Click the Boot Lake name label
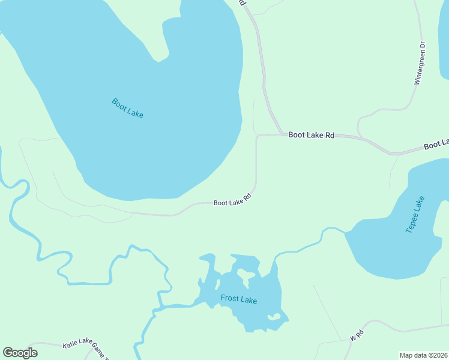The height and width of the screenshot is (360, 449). pyautogui.click(x=128, y=108)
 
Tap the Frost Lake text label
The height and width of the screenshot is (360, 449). pyautogui.click(x=239, y=299)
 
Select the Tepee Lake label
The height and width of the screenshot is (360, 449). pyautogui.click(x=415, y=214)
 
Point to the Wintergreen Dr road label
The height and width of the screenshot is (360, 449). pyautogui.click(x=421, y=63)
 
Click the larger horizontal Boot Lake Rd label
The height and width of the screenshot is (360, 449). pyautogui.click(x=311, y=135)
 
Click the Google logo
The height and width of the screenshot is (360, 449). pyautogui.click(x=20, y=353)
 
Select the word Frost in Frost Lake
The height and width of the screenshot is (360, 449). pyautogui.click(x=230, y=298)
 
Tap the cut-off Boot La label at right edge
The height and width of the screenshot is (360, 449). pyautogui.click(x=436, y=145)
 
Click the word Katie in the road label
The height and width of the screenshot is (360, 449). pyautogui.click(x=69, y=345)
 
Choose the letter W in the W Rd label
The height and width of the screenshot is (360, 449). pyautogui.click(x=353, y=338)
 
